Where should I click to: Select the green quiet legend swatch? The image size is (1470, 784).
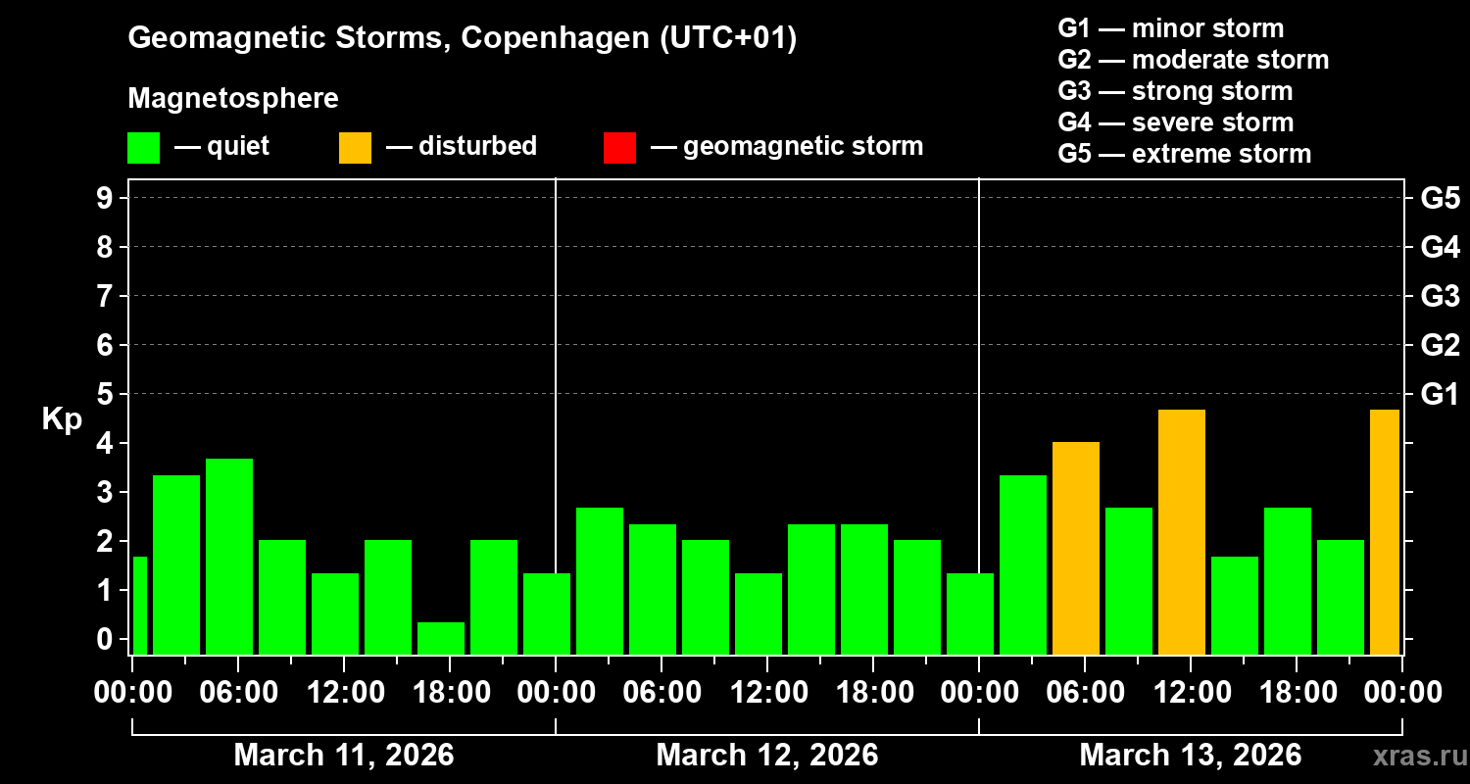(143, 148)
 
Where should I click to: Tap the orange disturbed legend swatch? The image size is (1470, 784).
(355, 148)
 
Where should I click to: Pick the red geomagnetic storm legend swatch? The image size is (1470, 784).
(619, 148)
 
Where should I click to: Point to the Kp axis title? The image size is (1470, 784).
(62, 419)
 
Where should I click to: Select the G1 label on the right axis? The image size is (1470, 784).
(1440, 395)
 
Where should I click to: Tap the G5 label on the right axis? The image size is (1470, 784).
(1440, 198)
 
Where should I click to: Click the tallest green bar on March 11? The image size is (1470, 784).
(229, 556)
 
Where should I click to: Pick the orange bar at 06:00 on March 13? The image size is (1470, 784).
(1076, 548)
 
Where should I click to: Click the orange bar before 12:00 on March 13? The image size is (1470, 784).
(1182, 531)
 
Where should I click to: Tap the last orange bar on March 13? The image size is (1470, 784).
(1385, 531)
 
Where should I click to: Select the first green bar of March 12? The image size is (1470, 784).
(600, 580)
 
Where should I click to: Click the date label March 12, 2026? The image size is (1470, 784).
(766, 756)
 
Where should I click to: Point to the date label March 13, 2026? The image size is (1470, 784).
(1190, 756)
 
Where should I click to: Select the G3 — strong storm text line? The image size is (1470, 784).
(1175, 91)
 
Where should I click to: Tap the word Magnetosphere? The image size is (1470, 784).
(233, 99)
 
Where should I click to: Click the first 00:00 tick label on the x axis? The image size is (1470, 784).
(132, 692)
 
